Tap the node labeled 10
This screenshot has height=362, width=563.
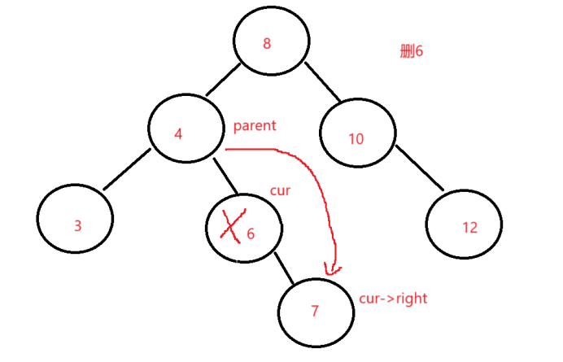pyautogui.click(x=357, y=137)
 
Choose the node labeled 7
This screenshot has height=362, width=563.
pyautogui.click(x=316, y=312)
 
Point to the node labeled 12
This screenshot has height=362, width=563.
pyautogui.click(x=464, y=225)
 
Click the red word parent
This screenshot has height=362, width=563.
pyautogui.click(x=255, y=126)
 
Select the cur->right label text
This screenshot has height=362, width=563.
pyautogui.click(x=393, y=299)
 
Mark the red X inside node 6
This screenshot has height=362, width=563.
pyautogui.click(x=231, y=225)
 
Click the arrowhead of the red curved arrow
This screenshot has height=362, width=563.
pyautogui.click(x=330, y=268)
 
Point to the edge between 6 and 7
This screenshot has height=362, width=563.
pyautogui.click(x=286, y=269)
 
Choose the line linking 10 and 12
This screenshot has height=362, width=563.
pyautogui.click(x=419, y=168)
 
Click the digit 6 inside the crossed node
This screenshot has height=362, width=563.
pyautogui.click(x=251, y=234)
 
